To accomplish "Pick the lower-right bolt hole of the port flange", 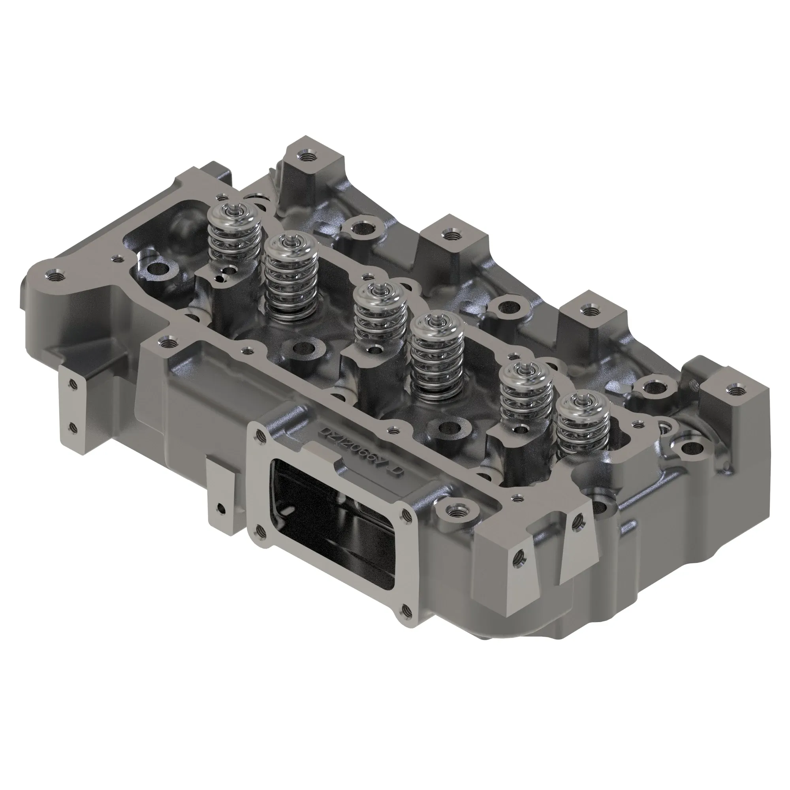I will point(405,621).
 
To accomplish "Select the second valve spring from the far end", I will point(291,278).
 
